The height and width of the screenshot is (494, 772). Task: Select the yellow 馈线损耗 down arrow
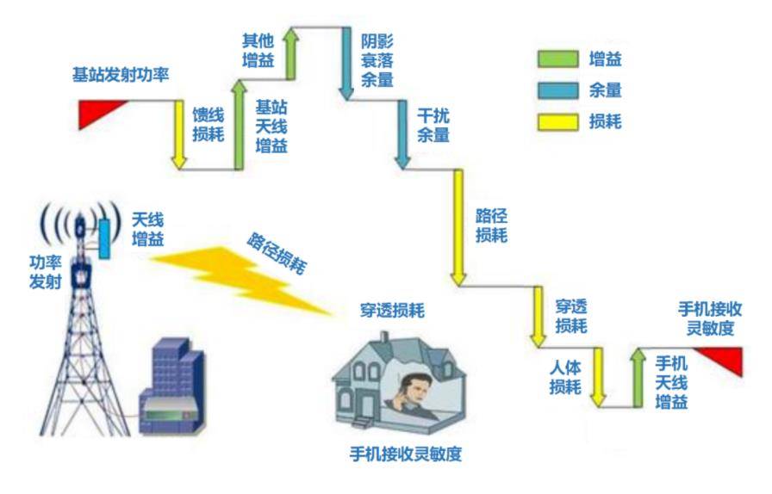coord(178,135)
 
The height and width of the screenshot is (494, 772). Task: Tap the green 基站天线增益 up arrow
coord(239,125)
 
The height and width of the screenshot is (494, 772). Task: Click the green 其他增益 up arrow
coord(290,53)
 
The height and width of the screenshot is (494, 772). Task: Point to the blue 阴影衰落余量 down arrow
coord(346,64)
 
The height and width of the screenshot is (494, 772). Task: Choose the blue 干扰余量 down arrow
coord(402,135)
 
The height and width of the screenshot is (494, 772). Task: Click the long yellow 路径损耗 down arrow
coord(458,228)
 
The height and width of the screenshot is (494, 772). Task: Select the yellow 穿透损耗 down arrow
coord(538,317)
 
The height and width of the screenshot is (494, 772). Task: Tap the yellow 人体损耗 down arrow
coord(598,377)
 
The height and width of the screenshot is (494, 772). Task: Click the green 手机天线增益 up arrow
coord(638,378)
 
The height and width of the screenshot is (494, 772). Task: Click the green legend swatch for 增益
coord(557,59)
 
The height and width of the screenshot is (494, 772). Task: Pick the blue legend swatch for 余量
coord(557,90)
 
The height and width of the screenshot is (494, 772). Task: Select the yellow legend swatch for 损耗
coord(557,122)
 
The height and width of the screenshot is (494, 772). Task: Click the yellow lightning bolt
coord(241,278)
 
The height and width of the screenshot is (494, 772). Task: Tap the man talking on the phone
coord(413,397)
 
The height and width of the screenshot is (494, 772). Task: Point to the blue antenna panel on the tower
coord(104,239)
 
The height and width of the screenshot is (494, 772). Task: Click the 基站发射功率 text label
coord(121,75)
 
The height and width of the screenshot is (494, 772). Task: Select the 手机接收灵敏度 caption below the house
coord(406,454)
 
